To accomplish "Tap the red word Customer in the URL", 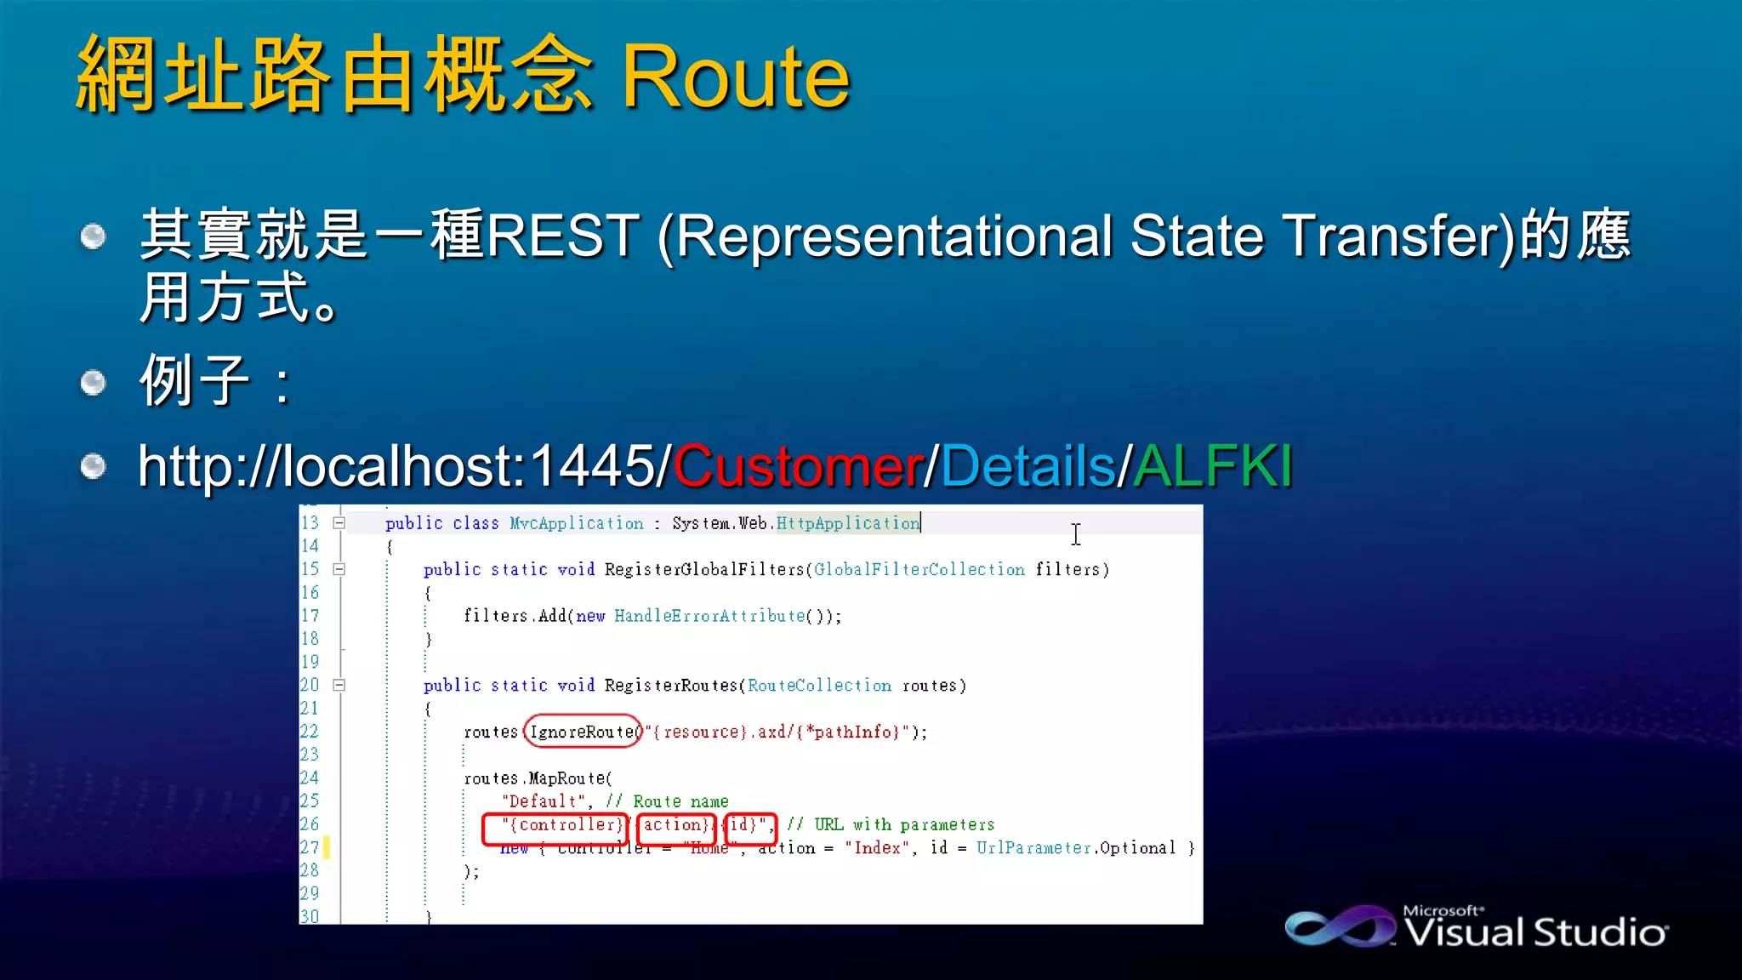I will pyautogui.click(x=799, y=466).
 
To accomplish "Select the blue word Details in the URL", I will pyautogui.click(x=1028, y=466).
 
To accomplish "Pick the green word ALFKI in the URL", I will pyautogui.click(x=1213, y=466).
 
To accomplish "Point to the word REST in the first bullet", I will pyautogui.click(x=562, y=236).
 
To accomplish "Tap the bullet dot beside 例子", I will pyautogui.click(x=93, y=382).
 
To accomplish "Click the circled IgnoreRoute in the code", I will pyautogui.click(x=583, y=732).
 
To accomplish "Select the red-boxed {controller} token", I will pyautogui.click(x=555, y=825).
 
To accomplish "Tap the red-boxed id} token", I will pyautogui.click(x=749, y=825).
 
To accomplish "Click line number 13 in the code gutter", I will pyautogui.click(x=310, y=522).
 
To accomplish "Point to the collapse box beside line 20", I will pyautogui.click(x=339, y=685).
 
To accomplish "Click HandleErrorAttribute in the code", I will pyautogui.click(x=709, y=616).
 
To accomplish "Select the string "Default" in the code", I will pyautogui.click(x=543, y=801).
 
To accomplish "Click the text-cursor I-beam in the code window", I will pyautogui.click(x=1076, y=534).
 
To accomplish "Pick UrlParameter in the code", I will pyautogui.click(x=1033, y=848).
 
